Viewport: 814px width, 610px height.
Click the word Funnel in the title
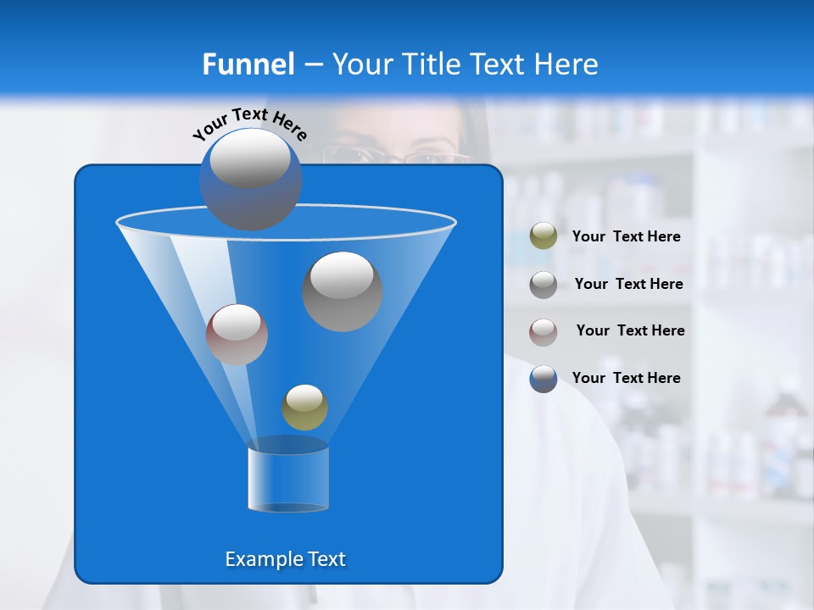click(248, 64)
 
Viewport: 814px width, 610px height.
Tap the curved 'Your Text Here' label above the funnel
click(249, 124)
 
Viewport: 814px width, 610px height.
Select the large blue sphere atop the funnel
click(251, 179)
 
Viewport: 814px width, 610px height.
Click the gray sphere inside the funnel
click(343, 291)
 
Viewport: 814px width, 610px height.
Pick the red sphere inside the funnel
click(237, 335)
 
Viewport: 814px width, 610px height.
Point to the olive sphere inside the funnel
click(304, 408)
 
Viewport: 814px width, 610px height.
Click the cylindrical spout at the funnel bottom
click(287, 479)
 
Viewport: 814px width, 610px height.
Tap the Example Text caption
click(285, 559)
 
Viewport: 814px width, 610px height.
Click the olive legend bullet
click(544, 236)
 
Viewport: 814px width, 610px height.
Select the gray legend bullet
click(544, 285)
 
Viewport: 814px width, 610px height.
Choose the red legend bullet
click(544, 331)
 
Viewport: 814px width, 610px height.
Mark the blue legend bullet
click(544, 379)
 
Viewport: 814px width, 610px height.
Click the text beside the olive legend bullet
click(626, 237)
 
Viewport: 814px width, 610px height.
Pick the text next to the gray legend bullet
click(628, 285)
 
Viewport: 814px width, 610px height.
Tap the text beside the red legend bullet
click(630, 331)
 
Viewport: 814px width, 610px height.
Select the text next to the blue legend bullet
click(626, 379)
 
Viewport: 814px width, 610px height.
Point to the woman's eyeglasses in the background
click(399, 156)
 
